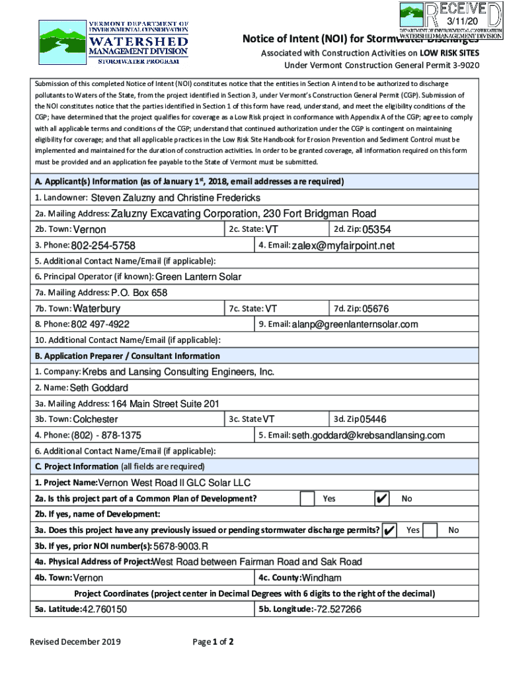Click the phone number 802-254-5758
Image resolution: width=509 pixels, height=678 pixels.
(x=103, y=246)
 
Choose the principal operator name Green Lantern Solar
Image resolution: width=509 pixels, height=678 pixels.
(x=198, y=277)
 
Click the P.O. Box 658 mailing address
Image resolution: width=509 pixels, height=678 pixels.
(x=139, y=293)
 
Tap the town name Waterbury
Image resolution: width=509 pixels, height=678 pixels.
(x=97, y=309)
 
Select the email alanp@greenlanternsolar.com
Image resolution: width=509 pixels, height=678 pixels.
(x=355, y=324)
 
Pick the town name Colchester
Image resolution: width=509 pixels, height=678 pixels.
(x=95, y=419)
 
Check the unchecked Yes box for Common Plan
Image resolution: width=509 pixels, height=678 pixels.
(x=307, y=499)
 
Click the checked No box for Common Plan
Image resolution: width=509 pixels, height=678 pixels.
(x=382, y=499)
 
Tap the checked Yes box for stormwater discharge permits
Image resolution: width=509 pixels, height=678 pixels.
(x=389, y=530)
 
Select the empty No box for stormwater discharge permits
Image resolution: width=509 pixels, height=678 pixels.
(x=430, y=530)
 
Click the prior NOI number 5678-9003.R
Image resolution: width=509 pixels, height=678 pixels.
(x=180, y=546)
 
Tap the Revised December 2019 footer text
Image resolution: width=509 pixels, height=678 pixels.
(x=74, y=642)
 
